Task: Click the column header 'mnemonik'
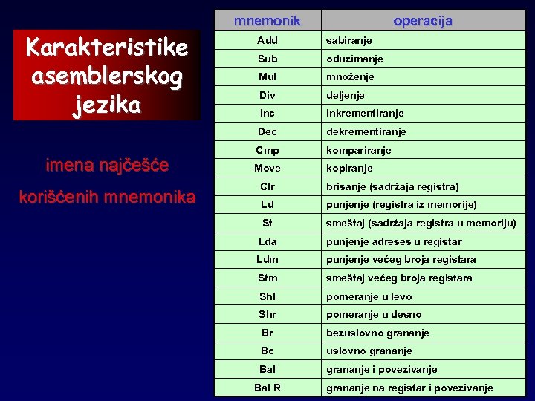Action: (x=267, y=21)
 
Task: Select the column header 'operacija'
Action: (x=423, y=21)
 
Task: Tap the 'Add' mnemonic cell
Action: (x=267, y=40)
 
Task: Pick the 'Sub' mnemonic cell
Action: (x=267, y=59)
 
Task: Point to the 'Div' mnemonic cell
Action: (x=267, y=95)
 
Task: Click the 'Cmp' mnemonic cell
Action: (x=267, y=150)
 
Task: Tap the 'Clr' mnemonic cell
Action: (x=267, y=186)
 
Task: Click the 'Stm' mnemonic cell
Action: (x=267, y=278)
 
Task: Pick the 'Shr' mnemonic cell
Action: (x=267, y=314)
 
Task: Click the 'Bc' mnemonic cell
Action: (x=267, y=351)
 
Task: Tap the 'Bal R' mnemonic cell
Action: (x=267, y=388)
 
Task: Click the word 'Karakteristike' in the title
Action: (x=106, y=48)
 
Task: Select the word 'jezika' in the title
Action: (x=106, y=105)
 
